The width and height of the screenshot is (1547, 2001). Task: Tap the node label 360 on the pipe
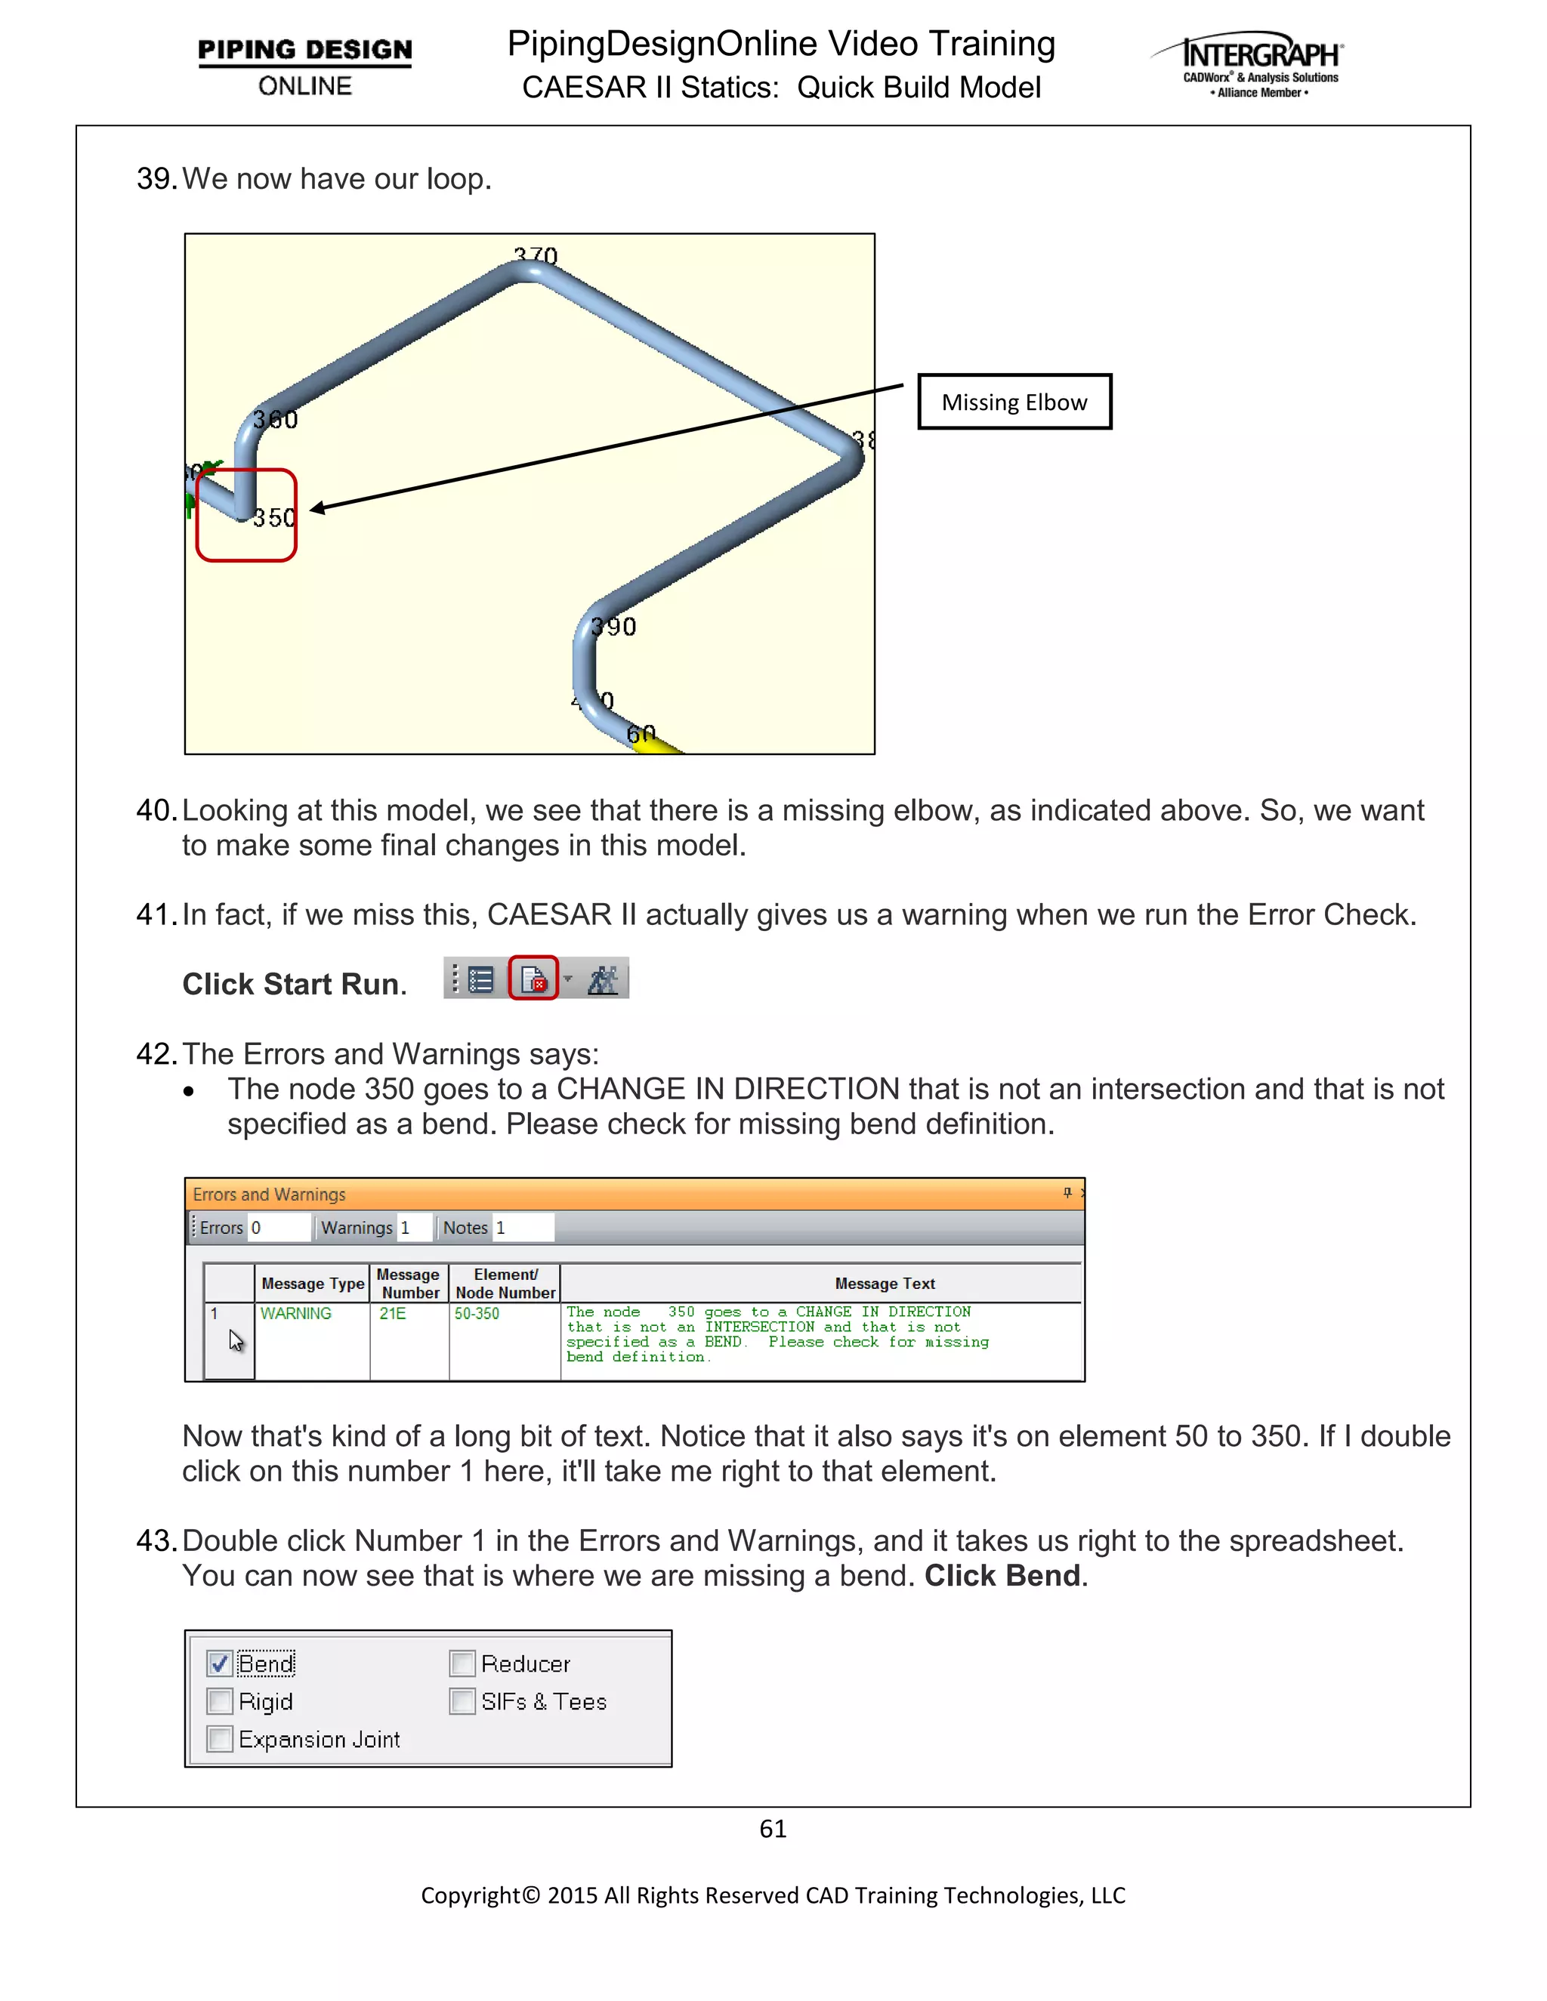(x=275, y=420)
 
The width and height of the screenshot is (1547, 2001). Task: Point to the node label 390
(x=613, y=627)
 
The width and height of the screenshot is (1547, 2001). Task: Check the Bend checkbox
(x=219, y=1663)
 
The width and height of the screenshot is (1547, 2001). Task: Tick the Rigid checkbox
(x=219, y=1701)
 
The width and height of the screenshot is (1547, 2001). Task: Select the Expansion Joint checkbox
(x=219, y=1739)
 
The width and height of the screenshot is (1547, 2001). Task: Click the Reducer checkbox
(x=462, y=1663)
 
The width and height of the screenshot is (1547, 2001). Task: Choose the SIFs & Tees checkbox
(x=462, y=1701)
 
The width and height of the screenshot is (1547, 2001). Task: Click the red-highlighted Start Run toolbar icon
(x=533, y=979)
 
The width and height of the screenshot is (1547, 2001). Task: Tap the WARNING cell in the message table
(x=296, y=1313)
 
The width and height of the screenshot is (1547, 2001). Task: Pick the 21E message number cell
(x=393, y=1313)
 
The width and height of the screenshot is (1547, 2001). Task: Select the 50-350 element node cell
(x=477, y=1313)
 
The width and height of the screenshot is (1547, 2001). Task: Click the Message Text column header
(x=885, y=1284)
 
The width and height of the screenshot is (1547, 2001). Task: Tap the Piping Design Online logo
(x=304, y=66)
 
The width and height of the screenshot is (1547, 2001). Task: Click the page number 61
(x=773, y=1829)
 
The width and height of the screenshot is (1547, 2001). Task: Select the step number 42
(x=156, y=1053)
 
